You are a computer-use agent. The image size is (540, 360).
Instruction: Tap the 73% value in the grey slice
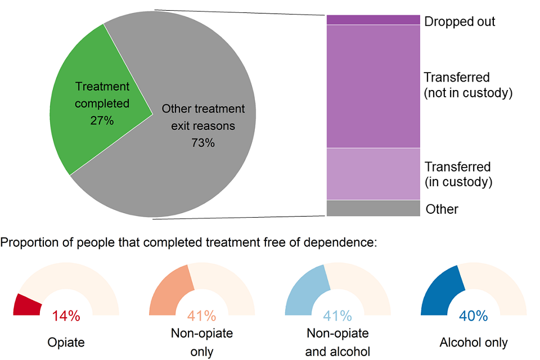pos(203,143)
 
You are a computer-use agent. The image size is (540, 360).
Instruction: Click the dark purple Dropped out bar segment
pos(373,20)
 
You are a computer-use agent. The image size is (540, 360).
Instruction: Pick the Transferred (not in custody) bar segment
pos(373,86)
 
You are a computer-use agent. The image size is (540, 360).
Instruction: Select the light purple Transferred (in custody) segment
pos(373,174)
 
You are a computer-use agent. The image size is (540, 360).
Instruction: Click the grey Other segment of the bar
pos(373,208)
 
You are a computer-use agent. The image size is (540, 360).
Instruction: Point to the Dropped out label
pos(460,21)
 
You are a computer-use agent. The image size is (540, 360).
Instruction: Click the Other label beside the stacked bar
pos(442,209)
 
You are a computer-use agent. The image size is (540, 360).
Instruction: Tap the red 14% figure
pos(66,316)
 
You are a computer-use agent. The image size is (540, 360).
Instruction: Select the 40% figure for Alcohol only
pos(473,316)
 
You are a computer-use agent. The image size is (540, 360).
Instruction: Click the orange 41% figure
pos(201,316)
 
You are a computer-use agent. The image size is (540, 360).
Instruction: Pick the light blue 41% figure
pos(337,316)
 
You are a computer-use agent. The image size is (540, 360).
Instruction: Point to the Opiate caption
pos(66,342)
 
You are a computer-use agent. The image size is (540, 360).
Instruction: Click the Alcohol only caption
pos(474,342)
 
